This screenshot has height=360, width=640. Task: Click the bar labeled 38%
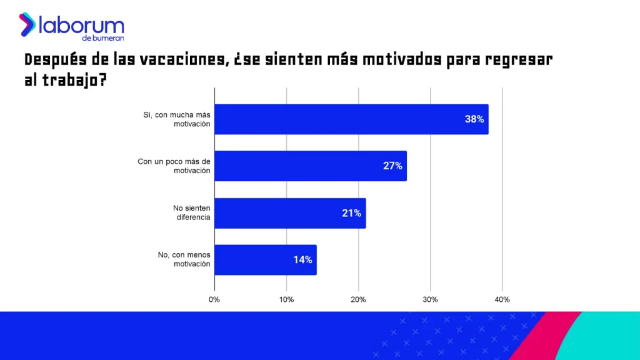click(x=350, y=119)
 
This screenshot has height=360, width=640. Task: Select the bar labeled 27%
click(x=310, y=166)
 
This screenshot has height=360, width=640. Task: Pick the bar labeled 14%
click(x=265, y=260)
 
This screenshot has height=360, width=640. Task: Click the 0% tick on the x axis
click(x=214, y=299)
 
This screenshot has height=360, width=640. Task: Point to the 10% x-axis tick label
click(x=286, y=299)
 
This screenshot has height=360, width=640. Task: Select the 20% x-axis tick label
click(x=358, y=299)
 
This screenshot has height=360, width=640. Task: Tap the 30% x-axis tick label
click(x=430, y=299)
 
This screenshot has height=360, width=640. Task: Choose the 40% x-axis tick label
click(x=502, y=299)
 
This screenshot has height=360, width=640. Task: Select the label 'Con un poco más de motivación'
click(x=174, y=166)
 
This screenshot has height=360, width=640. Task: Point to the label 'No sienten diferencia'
click(x=191, y=213)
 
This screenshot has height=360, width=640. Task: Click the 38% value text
click(x=474, y=119)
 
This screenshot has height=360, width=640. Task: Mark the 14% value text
click(x=302, y=260)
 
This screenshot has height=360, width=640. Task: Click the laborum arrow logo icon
click(x=27, y=24)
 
